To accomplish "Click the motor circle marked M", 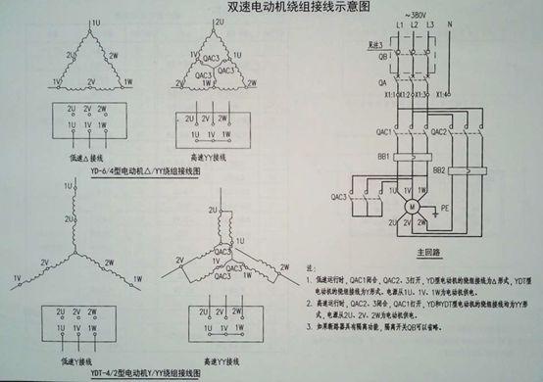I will tap(413, 207).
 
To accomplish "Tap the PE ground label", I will tap(447, 208).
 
